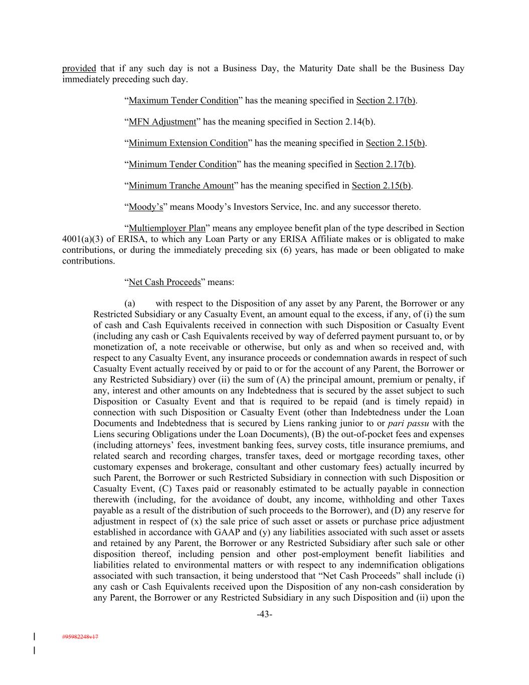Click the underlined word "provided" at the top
79,68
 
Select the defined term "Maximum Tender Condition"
183,100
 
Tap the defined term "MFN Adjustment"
162,121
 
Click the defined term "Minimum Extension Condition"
188,143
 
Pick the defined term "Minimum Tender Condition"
183,164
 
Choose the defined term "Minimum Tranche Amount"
181,186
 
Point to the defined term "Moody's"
145,207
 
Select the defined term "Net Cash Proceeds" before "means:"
164,282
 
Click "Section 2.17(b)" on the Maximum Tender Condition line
386,100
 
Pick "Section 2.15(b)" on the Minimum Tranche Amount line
381,186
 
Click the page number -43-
264,614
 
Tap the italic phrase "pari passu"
409,423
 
